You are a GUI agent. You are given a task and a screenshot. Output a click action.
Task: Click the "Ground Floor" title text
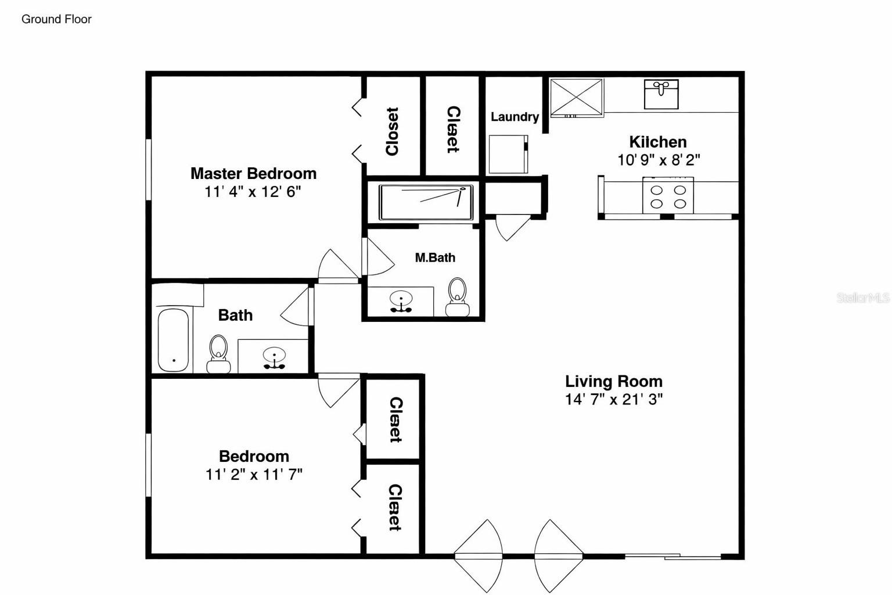pyautogui.click(x=56, y=19)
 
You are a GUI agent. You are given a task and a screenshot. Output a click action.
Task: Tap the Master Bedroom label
pyautogui.click(x=253, y=173)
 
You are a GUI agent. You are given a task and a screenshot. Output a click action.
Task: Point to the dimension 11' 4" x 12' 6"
pyautogui.click(x=253, y=192)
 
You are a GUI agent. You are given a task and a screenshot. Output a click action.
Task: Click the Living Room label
pyautogui.click(x=614, y=381)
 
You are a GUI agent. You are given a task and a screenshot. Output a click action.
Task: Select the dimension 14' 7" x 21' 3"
pyautogui.click(x=614, y=399)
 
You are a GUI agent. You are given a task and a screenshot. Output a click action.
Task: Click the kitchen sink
pyautogui.click(x=661, y=94)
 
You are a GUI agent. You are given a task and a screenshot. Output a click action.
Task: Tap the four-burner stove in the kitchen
pyautogui.click(x=668, y=197)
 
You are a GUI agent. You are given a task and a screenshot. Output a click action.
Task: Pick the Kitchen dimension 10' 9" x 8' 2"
pyautogui.click(x=659, y=160)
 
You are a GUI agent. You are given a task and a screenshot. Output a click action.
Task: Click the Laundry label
pyautogui.click(x=515, y=117)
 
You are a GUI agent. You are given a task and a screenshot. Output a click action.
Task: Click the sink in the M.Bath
pyautogui.click(x=401, y=302)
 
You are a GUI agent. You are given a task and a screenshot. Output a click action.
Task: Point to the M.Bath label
pyautogui.click(x=435, y=257)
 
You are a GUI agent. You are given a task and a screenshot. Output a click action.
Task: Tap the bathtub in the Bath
pyautogui.click(x=174, y=340)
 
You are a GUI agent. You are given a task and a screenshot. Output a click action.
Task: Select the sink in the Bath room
pyautogui.click(x=274, y=357)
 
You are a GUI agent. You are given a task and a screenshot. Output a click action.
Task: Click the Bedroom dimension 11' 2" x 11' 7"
pyautogui.click(x=254, y=475)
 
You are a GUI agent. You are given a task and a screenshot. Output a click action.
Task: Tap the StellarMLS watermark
pyautogui.click(x=862, y=297)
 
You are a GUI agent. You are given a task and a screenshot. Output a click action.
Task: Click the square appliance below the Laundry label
pyautogui.click(x=508, y=154)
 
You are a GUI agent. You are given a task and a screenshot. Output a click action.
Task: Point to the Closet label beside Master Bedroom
pyautogui.click(x=393, y=131)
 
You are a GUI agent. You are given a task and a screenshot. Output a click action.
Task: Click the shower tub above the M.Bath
pyautogui.click(x=426, y=202)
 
